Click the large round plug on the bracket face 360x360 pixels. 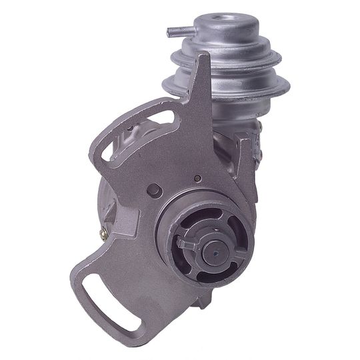click(155, 191)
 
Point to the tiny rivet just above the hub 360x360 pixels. click(198, 179)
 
